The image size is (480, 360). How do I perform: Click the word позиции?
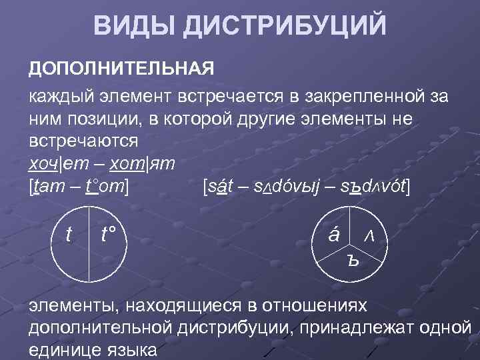(x=92, y=119)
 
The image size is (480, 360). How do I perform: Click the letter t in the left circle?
(x=69, y=235)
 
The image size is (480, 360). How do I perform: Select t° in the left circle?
(x=108, y=235)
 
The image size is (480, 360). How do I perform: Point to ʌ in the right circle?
(x=369, y=237)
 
